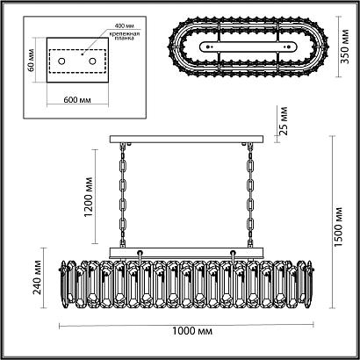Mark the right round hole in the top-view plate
286,46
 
